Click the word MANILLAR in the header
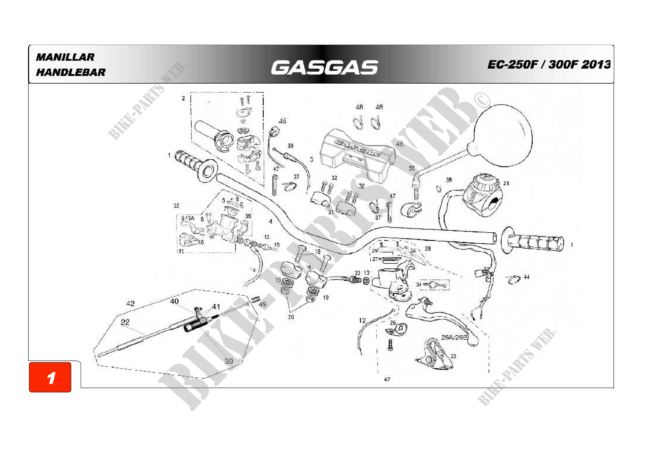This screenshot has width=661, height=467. tap(65, 57)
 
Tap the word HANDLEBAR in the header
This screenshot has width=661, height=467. tap(71, 72)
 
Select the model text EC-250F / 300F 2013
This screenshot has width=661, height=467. tap(549, 64)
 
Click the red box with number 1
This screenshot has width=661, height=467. tap(50, 377)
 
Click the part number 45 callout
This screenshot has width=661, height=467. tap(282, 121)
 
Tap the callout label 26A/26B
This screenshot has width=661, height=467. tap(454, 337)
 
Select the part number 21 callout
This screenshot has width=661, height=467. tap(506, 183)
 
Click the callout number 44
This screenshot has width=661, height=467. tap(526, 277)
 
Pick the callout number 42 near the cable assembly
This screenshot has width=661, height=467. tap(130, 303)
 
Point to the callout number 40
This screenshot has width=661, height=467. tap(174, 301)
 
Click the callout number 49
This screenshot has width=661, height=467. tap(263, 304)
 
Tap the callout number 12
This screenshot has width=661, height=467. tap(362, 320)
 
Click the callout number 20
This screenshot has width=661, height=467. tap(291, 317)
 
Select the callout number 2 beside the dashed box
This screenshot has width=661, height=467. tap(183, 99)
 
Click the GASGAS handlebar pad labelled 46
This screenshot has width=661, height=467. tap(357, 155)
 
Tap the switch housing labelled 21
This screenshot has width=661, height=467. tap(482, 196)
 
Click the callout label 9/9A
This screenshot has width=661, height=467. tap(188, 218)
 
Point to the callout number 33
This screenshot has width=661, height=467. tap(176, 206)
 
